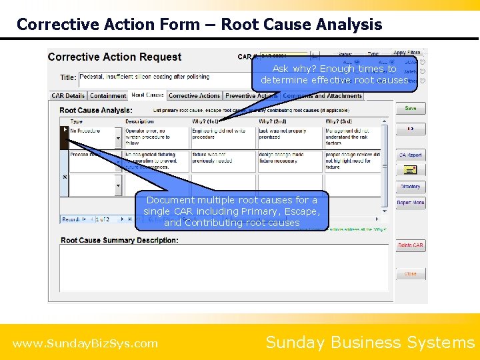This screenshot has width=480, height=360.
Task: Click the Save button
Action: point(411,108)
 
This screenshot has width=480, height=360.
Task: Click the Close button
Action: point(411,273)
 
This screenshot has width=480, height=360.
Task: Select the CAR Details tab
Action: point(68,96)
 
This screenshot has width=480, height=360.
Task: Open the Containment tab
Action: point(108,96)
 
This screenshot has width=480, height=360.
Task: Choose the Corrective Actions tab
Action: point(194,96)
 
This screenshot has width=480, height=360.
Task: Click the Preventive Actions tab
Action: point(251,96)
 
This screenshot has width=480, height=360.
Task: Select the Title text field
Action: point(167,77)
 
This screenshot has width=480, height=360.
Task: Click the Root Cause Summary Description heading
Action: point(119,240)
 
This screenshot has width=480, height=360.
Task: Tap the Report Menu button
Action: point(411,203)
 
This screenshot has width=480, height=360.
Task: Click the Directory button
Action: point(411,187)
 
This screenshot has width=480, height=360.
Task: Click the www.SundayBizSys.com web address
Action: point(85,344)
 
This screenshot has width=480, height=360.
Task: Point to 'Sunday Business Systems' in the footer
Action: point(370,343)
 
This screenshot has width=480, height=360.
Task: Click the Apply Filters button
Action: point(407,53)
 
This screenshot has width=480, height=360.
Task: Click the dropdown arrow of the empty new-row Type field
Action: point(119,185)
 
